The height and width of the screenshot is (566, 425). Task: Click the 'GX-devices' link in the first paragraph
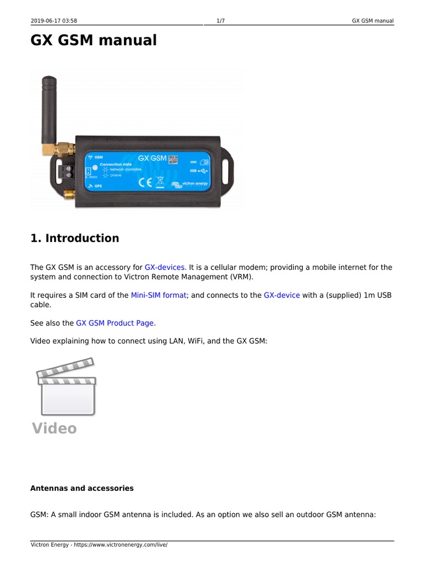tap(164, 268)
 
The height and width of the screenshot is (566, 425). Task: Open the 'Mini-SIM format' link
tap(158, 295)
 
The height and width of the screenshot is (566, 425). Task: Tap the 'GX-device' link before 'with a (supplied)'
tap(282, 295)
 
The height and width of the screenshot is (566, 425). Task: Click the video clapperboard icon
tap(66, 386)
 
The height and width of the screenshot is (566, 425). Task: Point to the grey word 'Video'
tap(54, 428)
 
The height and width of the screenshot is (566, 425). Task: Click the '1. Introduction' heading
tap(74, 238)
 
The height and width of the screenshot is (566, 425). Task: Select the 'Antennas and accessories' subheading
tap(81, 489)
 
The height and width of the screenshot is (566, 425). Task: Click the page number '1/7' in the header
tap(220, 21)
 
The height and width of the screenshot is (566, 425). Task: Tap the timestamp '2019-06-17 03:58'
tap(54, 21)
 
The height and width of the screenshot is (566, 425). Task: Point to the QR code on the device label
tap(173, 160)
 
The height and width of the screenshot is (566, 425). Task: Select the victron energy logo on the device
tap(189, 184)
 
